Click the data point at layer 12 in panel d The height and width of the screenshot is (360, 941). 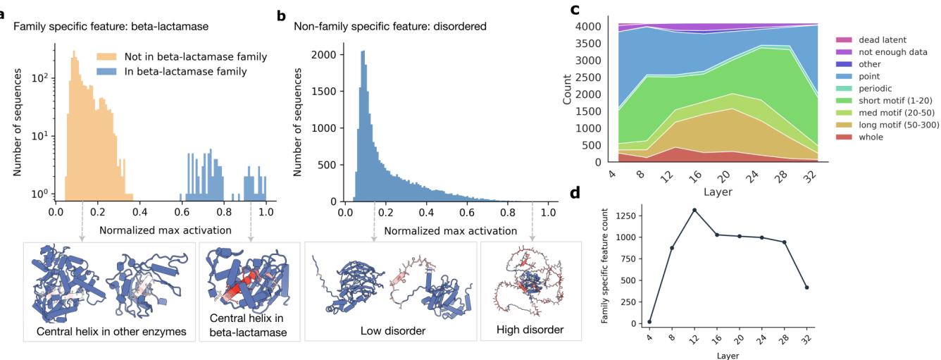(x=674, y=210)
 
